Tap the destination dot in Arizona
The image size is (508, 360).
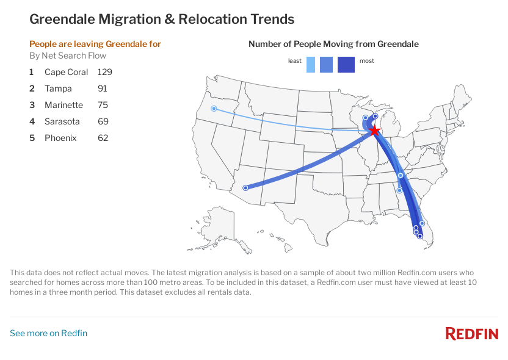point(245,188)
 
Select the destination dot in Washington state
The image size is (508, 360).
point(214,109)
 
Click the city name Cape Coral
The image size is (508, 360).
point(66,72)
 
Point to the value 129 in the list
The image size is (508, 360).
point(104,72)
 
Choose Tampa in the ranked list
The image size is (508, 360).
point(58,88)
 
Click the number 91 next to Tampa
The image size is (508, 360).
point(103,88)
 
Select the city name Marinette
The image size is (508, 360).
point(64,105)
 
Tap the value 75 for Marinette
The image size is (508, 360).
point(103,105)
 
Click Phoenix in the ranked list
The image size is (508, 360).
point(60,138)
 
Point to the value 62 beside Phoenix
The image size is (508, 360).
point(103,138)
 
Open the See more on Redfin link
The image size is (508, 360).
point(48,333)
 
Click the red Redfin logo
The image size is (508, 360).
point(471,334)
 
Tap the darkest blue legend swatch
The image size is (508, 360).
point(346,64)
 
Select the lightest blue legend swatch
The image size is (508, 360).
point(311,64)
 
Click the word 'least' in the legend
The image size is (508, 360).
point(295,61)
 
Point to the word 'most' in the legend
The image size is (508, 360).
point(367,61)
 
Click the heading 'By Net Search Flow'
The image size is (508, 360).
point(68,56)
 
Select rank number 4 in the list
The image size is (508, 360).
point(31,121)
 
